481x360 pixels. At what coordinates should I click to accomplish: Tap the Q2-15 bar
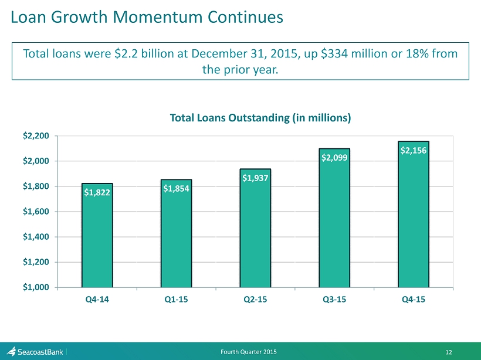(255, 235)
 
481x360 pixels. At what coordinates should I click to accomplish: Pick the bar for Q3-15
(334, 229)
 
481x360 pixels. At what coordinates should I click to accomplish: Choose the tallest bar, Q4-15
(414, 223)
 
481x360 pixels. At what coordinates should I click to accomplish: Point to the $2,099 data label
(334, 158)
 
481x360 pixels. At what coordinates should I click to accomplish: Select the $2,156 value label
(414, 151)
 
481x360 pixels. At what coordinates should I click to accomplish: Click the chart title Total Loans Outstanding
(260, 118)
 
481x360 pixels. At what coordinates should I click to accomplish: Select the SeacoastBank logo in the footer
(35, 352)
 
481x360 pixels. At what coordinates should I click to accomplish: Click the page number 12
(449, 352)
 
